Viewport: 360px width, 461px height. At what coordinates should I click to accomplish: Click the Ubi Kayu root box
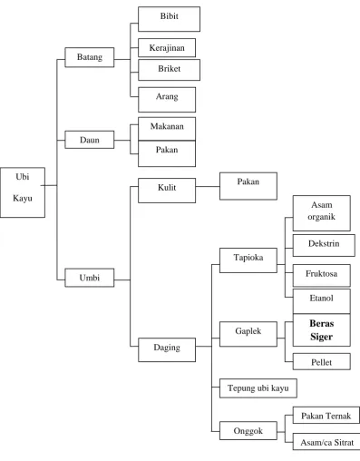point(23,192)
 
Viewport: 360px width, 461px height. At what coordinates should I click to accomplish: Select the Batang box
point(90,57)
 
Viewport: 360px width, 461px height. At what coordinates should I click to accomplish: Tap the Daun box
point(90,140)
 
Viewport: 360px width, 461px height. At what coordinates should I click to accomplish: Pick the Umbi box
point(90,278)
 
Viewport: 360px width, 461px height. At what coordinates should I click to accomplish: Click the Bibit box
point(169,19)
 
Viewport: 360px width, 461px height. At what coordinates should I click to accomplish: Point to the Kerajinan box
point(167,47)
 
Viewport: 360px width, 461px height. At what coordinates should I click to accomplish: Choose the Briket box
point(169,70)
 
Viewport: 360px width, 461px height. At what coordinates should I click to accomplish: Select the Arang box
point(167,100)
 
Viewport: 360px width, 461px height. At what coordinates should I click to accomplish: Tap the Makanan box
point(167,129)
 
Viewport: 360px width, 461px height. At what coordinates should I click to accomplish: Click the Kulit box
point(167,191)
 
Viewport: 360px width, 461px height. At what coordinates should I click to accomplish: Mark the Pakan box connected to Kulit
point(248,186)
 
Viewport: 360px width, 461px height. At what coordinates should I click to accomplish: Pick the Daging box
point(167,349)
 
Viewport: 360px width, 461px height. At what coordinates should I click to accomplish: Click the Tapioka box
point(248,260)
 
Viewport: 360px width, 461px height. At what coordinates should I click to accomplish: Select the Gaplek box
point(248,334)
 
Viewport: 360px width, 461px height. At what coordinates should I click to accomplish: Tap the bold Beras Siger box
point(322,330)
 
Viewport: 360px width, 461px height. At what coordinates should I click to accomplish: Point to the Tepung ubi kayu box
point(258,388)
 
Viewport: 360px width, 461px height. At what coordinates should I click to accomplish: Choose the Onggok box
point(248,430)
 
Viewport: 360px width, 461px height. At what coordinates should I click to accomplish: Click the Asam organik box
point(322,213)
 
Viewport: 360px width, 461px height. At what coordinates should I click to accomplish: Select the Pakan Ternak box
point(326,416)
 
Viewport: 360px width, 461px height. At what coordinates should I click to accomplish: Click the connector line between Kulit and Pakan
point(208,186)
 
